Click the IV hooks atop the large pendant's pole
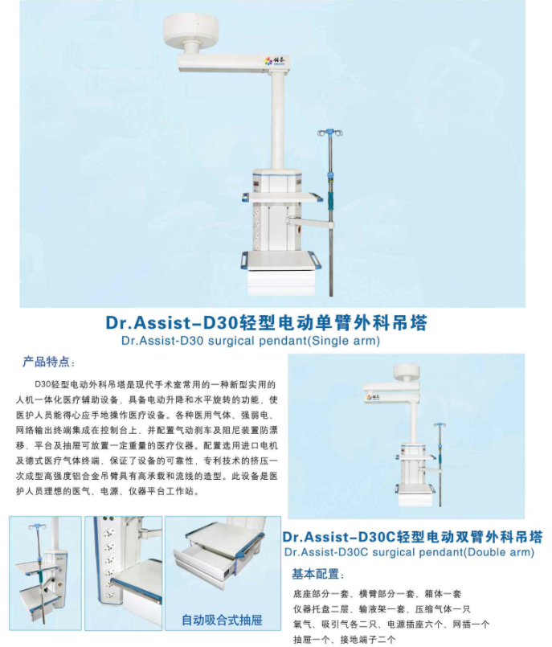(x=330, y=133)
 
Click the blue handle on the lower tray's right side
(x=316, y=260)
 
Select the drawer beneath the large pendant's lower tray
(x=281, y=282)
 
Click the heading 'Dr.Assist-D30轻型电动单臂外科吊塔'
(x=267, y=322)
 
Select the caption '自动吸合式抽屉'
(x=222, y=620)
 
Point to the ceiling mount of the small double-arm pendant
(x=407, y=373)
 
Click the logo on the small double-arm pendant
(x=374, y=397)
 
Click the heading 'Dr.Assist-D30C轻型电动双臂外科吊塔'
(x=412, y=537)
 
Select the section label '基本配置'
(x=316, y=574)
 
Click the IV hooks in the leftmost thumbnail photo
(x=37, y=527)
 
